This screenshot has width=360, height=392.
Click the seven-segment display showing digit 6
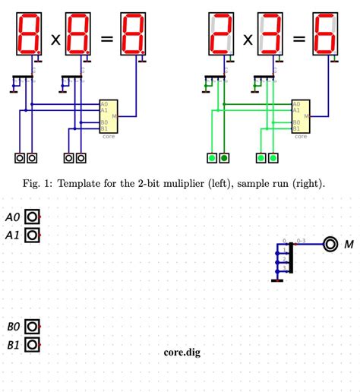[325, 35]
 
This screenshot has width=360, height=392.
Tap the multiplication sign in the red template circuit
[55, 39]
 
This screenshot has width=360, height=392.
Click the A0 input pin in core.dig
[32, 217]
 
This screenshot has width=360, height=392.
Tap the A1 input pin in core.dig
[32, 235]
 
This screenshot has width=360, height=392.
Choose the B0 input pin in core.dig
[32, 327]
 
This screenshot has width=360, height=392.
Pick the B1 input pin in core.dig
[32, 345]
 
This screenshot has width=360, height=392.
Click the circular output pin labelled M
[330, 244]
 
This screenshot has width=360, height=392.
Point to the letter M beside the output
[349, 245]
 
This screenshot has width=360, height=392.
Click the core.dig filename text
[182, 352]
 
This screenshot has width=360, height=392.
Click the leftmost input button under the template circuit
[20, 158]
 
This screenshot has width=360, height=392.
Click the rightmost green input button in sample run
[274, 158]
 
